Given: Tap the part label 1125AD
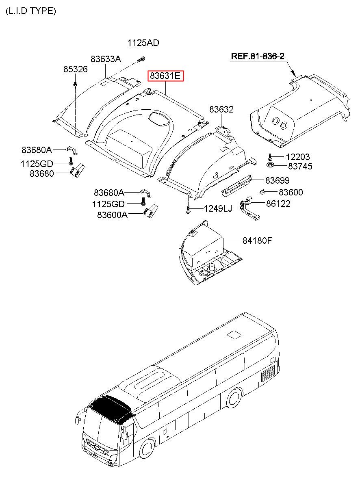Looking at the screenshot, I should pyautogui.click(x=143, y=43).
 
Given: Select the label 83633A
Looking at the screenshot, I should pyautogui.click(x=106, y=59).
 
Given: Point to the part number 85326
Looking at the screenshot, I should pyautogui.click(x=75, y=69).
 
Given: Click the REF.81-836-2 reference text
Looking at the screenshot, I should pyautogui.click(x=257, y=56).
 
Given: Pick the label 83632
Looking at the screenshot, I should pyautogui.click(x=221, y=109).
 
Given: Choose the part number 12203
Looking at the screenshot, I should pyautogui.click(x=297, y=157).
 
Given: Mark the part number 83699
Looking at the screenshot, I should pyautogui.click(x=278, y=180).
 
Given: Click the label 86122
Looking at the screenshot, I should pyautogui.click(x=278, y=204).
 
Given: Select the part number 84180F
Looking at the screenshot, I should pyautogui.click(x=257, y=241).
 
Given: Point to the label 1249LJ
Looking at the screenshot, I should pyautogui.click(x=218, y=209).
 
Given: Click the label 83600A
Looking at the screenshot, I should pyautogui.click(x=112, y=215).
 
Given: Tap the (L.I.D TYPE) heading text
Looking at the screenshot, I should pyautogui.click(x=30, y=11).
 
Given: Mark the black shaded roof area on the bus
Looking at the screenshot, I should pyautogui.click(x=111, y=407).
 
